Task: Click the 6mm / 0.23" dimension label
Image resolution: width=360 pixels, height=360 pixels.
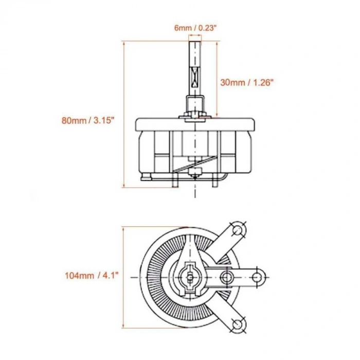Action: (x=195, y=28)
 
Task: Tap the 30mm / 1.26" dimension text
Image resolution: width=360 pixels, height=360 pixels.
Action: (x=247, y=82)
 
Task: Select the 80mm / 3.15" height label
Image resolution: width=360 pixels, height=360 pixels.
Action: (x=88, y=120)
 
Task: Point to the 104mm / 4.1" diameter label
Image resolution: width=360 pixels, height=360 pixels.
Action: (x=92, y=275)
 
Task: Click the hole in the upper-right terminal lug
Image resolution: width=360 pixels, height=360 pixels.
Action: (x=238, y=229)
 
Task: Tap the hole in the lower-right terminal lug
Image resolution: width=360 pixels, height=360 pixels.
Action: (x=238, y=325)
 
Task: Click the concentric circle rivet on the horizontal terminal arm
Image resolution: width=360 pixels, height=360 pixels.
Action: (x=226, y=277)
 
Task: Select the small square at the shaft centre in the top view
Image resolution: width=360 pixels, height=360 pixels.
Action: (x=190, y=278)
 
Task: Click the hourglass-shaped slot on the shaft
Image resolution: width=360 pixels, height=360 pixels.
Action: (x=195, y=77)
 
